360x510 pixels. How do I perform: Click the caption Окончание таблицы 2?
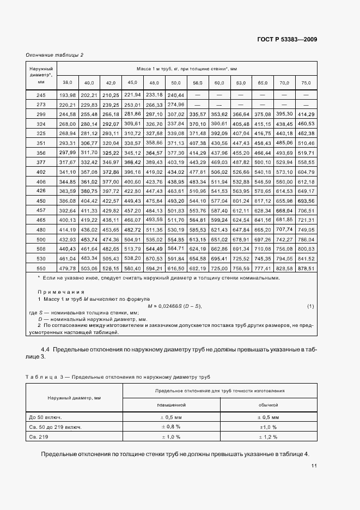[x=54, y=54]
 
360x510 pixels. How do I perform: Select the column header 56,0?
[x=198, y=83]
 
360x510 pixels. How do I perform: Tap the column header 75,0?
[x=306, y=83]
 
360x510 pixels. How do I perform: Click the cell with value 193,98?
[x=67, y=95]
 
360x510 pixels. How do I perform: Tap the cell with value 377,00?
[x=111, y=181]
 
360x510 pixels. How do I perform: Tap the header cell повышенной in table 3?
[x=171, y=405]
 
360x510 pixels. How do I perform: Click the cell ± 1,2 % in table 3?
[x=269, y=436]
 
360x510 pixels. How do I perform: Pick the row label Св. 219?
[x=39, y=436]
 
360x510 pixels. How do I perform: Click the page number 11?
[x=315, y=466]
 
